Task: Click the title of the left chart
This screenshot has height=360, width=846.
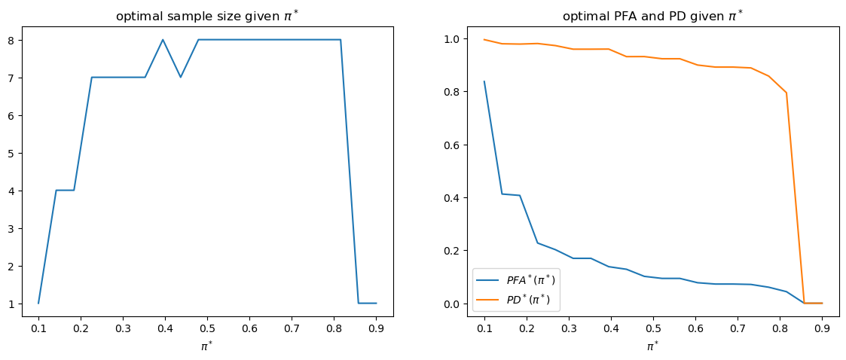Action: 207,16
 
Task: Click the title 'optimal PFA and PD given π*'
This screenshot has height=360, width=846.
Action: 653,16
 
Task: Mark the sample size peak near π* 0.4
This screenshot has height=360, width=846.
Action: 163,40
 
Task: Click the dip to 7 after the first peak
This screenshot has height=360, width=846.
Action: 181,77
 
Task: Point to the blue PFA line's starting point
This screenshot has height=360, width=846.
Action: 484,81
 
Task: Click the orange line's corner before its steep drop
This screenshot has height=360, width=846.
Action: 786,93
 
